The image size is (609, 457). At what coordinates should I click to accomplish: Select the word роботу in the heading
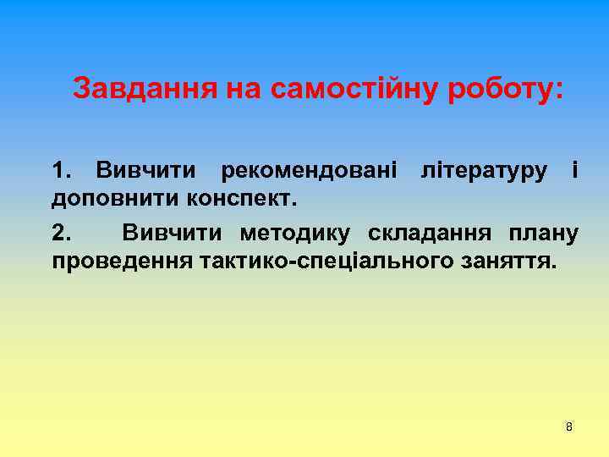[x=499, y=89]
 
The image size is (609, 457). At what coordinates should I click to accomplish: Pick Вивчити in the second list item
[x=175, y=231]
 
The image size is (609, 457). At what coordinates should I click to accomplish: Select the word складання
[x=431, y=231]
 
